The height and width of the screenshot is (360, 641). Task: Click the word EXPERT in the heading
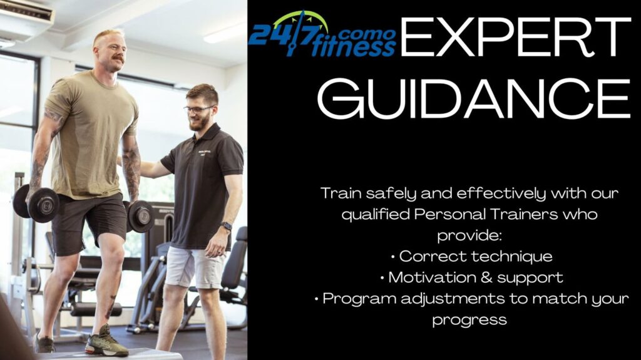coord(516,37)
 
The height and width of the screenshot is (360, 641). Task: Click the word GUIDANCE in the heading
coord(474,98)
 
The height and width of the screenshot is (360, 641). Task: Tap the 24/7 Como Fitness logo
coord(322,34)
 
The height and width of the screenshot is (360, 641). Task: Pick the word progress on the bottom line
coord(469,321)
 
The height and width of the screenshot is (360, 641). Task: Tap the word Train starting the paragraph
coord(341,193)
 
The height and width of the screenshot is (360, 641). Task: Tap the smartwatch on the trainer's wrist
coord(226,226)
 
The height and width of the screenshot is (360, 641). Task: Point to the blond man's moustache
coord(118,58)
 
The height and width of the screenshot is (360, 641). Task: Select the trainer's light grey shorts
coord(195,267)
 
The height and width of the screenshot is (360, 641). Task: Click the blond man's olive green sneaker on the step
coord(106,342)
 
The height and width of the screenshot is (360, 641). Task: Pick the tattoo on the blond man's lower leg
coord(110,307)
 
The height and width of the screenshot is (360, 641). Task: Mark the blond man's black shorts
coord(89,224)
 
